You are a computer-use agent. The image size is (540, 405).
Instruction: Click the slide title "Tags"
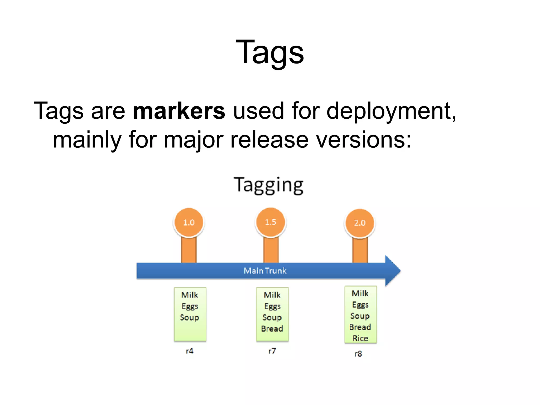(270, 52)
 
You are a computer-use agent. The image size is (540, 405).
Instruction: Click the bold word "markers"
(179, 111)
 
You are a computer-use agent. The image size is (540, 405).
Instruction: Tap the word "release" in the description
(269, 140)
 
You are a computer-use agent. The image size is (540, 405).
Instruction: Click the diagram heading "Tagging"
(268, 185)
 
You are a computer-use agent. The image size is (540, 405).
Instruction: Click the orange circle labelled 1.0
(189, 222)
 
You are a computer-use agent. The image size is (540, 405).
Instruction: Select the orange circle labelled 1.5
(271, 222)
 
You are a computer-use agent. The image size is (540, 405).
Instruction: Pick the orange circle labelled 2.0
(360, 223)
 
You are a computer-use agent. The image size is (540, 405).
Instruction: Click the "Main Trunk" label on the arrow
(265, 271)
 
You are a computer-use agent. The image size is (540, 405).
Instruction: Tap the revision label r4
(190, 351)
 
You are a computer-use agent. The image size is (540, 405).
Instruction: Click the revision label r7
(272, 351)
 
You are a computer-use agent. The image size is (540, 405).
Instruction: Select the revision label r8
(358, 354)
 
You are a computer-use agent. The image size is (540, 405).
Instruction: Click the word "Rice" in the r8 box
(360, 338)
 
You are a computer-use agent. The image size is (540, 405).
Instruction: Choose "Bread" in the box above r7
(272, 329)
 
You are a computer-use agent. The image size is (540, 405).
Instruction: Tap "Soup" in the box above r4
(189, 317)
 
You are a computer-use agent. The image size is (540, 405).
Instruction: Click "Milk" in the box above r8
(360, 293)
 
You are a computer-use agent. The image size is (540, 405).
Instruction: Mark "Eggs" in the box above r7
(272, 306)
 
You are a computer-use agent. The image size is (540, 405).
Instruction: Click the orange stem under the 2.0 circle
(360, 250)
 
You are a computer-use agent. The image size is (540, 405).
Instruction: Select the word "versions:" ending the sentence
(364, 140)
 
